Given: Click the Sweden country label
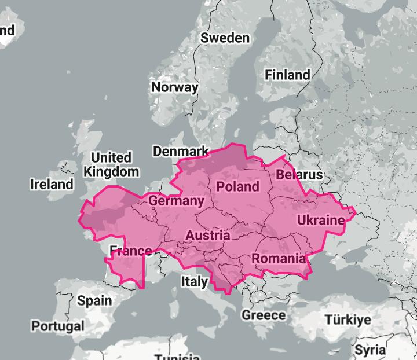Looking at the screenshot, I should tap(225, 38).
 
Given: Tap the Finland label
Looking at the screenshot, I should tap(287, 75).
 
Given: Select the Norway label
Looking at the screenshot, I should tap(174, 87).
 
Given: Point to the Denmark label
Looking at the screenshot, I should tap(180, 152).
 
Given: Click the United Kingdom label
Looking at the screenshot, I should tap(111, 165).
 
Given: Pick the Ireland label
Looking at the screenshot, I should tap(52, 185).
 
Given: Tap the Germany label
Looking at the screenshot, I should tap(176, 201).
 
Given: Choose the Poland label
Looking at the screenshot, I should tap(237, 186).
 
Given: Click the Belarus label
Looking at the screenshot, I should tap(299, 175).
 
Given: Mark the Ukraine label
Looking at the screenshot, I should tap(320, 221).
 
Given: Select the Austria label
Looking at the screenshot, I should tap(207, 236).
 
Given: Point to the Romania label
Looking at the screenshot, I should tap(279, 259).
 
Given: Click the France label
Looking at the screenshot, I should tap(131, 251).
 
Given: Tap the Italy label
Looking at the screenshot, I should tap(194, 282).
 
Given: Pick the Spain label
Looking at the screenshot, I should tap(94, 300).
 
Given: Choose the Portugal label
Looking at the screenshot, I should tap(57, 326).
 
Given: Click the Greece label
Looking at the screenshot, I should tap(264, 315).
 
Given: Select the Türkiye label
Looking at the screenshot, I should tap(348, 320).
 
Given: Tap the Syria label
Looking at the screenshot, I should tap(370, 351).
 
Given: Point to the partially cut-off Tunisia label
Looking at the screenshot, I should tap(177, 356).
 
